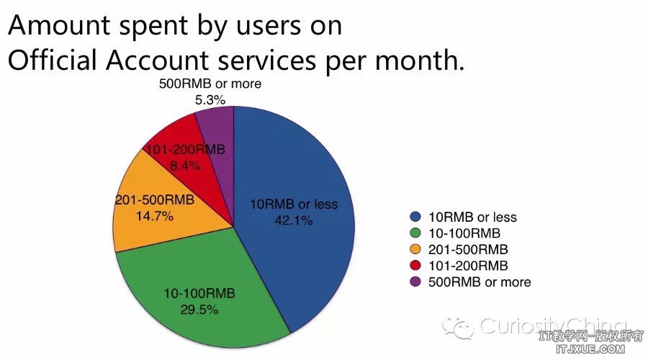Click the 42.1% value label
(294, 221)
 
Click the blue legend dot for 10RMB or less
(415, 217)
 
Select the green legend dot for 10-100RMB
(415, 233)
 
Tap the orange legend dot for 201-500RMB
(415, 249)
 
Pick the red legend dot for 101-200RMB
(415, 266)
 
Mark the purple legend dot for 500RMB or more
(415, 282)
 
